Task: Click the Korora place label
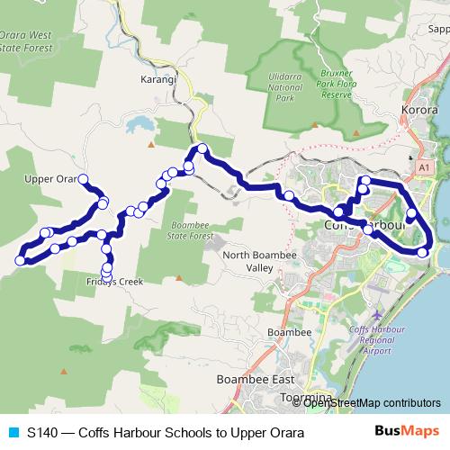coord(418,112)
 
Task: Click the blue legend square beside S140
coord(13,433)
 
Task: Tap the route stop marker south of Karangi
coord(202,148)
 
